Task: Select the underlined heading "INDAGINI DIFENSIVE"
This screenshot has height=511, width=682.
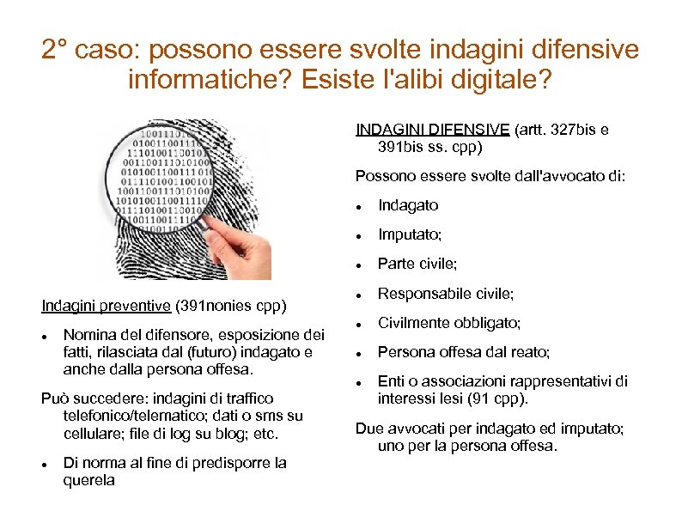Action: click(x=432, y=130)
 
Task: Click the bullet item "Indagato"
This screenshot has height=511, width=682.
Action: click(x=408, y=205)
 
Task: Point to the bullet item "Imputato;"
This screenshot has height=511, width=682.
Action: click(x=411, y=234)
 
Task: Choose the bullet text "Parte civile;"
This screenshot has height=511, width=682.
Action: click(x=417, y=264)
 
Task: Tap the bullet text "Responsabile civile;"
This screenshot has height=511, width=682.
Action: click(x=446, y=294)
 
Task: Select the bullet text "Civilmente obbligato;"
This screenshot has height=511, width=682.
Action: click(x=449, y=323)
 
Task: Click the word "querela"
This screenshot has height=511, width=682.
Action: click(x=88, y=481)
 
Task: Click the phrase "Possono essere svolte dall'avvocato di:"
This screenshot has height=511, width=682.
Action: click(x=490, y=177)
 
